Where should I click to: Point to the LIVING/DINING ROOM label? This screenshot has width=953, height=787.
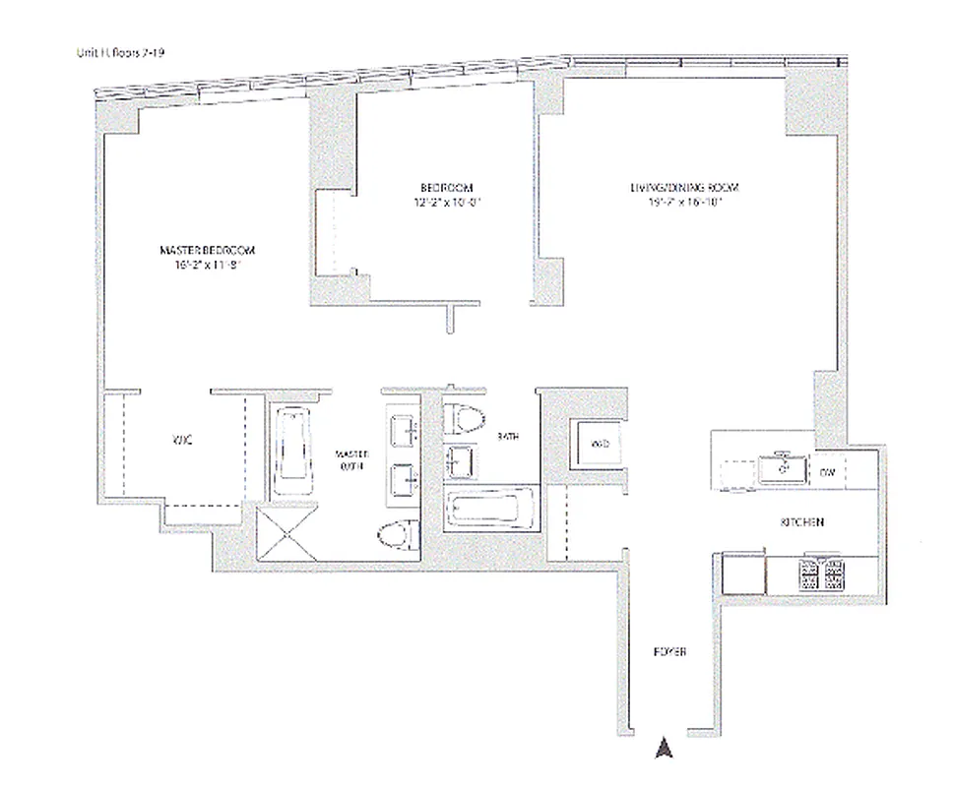(684, 187)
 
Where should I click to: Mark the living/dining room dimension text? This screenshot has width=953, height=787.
(684, 203)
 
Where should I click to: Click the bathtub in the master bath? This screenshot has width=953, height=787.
(290, 452)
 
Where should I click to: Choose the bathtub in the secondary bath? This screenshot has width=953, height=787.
(489, 511)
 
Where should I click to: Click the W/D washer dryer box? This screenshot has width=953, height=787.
(600, 445)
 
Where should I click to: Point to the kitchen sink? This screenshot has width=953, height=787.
(784, 468)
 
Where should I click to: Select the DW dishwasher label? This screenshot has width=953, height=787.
(828, 473)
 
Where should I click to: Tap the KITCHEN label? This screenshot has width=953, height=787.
(801, 522)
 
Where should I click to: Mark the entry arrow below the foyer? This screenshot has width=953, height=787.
(664, 749)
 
